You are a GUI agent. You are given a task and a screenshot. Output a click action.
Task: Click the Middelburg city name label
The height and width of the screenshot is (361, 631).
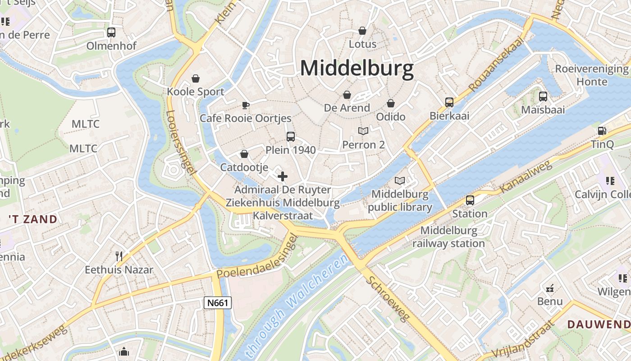click(357, 69)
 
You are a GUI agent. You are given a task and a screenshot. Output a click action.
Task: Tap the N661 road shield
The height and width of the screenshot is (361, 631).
click(218, 303)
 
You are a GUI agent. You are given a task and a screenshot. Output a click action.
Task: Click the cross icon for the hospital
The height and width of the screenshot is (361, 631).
click(283, 176)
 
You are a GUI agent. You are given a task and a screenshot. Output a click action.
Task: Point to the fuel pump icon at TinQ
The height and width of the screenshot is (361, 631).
click(602, 131)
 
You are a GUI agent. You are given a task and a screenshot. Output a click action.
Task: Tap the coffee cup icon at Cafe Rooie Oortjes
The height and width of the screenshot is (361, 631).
click(245, 105)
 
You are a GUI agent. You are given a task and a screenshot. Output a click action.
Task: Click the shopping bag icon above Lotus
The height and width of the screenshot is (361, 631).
click(362, 31)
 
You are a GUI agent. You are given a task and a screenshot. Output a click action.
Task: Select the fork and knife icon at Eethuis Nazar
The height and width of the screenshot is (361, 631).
click(119, 256)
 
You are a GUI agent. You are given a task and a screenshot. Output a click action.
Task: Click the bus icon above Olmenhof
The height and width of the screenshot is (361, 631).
click(111, 32)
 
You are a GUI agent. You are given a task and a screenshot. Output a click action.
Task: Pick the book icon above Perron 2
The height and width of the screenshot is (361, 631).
click(363, 131)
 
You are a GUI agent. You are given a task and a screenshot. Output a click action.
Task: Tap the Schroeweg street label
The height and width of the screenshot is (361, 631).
click(389, 298)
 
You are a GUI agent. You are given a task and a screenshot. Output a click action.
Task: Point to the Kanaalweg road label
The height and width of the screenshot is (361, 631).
click(526, 176)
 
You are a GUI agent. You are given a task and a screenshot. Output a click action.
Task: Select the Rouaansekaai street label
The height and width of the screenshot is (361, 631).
click(497, 65)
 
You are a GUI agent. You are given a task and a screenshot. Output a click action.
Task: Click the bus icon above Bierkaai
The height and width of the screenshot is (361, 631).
click(449, 102)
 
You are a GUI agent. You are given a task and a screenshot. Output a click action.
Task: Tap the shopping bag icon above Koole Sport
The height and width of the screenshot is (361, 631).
click(196, 79)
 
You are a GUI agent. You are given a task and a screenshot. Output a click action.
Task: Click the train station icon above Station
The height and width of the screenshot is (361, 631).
click(470, 200)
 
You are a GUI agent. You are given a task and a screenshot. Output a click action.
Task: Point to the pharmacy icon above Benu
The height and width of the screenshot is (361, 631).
click(550, 288)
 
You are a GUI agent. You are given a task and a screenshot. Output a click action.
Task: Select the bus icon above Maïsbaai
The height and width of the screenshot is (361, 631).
click(543, 96)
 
